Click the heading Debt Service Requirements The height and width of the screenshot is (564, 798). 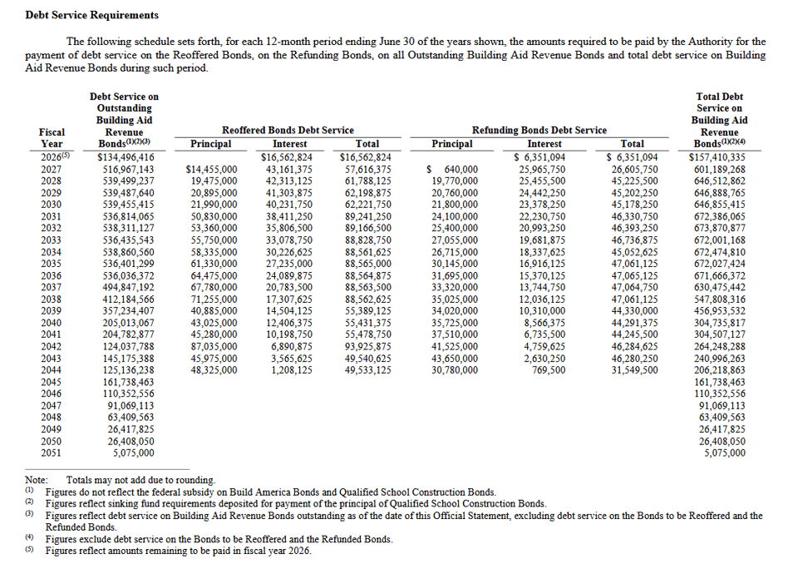[81, 15]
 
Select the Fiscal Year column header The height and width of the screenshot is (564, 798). [52, 137]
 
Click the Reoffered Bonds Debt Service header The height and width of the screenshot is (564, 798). [288, 130]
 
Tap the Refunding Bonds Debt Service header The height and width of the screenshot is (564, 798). [539, 130]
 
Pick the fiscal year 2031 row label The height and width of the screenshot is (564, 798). [52, 216]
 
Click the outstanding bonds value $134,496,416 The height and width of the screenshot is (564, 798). [126, 157]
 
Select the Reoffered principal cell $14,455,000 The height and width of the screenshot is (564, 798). [211, 169]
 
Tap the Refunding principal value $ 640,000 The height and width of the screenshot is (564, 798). [451, 169]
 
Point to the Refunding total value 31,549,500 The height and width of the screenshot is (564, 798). [634, 370]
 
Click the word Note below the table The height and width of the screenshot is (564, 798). [36, 480]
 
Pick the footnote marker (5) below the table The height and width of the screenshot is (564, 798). [29, 550]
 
